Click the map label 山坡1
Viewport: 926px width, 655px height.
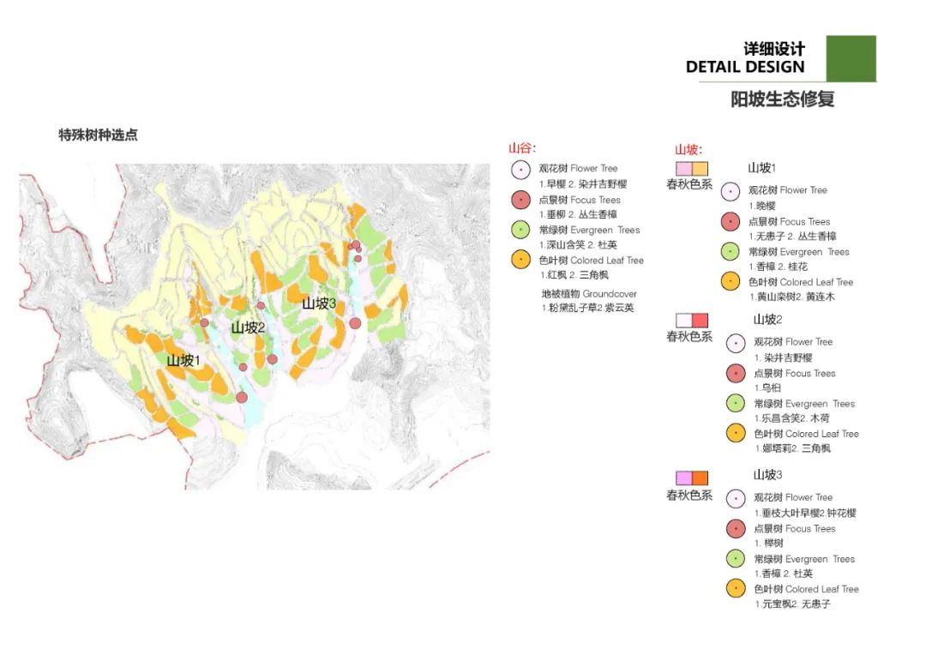183,361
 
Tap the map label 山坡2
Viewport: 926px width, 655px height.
248,328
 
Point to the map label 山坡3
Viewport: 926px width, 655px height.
318,303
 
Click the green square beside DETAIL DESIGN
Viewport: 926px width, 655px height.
851,58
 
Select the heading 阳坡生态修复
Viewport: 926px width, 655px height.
782,99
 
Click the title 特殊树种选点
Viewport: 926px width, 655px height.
98,135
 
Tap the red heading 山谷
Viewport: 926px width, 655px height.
521,148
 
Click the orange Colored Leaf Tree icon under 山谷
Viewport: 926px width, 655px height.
520,260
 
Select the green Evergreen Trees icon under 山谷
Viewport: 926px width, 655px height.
520,230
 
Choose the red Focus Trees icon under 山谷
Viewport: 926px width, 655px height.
520,200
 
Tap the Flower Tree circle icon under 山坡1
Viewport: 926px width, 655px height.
730,191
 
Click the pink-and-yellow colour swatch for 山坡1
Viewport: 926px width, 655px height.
692,169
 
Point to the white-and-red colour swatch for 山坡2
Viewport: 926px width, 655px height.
692,320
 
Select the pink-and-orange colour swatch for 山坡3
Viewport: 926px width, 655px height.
692,478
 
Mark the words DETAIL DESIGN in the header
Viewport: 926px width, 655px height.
745,67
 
